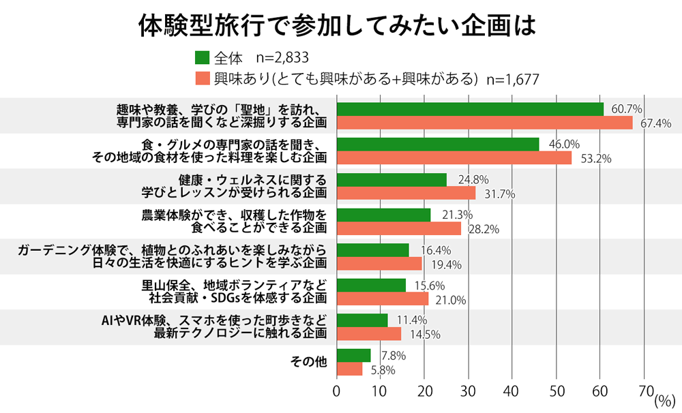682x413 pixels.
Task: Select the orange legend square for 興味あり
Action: [201, 78]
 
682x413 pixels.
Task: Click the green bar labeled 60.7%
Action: [470, 109]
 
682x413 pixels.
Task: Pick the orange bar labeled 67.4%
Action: [485, 123]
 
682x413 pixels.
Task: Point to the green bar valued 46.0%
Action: [438, 144]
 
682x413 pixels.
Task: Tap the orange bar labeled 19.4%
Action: [379, 264]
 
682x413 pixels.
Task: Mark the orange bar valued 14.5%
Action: [369, 334]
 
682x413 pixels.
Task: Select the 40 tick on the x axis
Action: [512, 391]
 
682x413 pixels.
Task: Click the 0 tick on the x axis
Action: [337, 391]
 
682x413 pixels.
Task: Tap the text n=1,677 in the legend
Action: [513, 79]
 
